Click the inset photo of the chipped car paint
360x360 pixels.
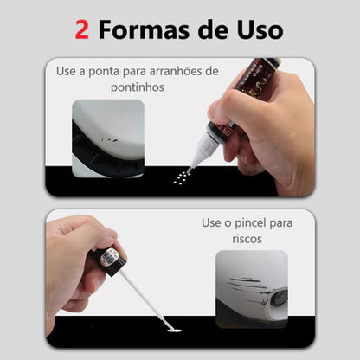point(108,138)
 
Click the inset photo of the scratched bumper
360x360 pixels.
point(252,289)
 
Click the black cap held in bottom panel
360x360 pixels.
point(109,259)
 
